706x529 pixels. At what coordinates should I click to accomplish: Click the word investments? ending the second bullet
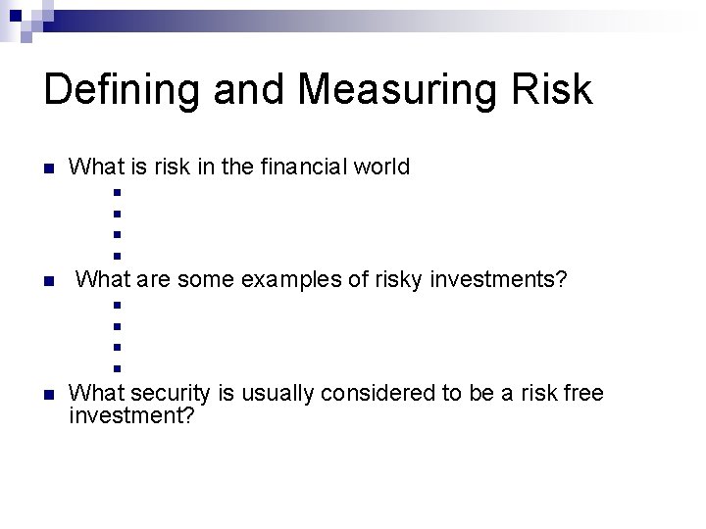(x=499, y=280)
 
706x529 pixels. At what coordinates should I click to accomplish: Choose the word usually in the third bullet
(x=275, y=394)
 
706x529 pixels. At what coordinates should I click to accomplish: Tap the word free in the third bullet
(x=583, y=394)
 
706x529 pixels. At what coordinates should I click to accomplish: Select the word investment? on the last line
(x=131, y=416)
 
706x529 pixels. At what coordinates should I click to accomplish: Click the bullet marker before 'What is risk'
(x=47, y=168)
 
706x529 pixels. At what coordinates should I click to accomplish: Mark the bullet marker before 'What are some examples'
(x=47, y=282)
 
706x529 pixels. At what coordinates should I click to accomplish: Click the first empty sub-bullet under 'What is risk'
(x=116, y=192)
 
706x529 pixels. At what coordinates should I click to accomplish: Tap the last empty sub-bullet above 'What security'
(x=116, y=369)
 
